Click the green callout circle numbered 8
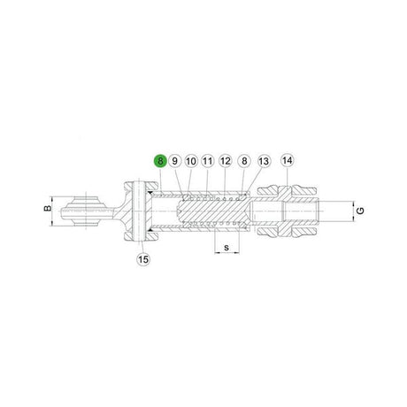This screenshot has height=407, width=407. click(160, 161)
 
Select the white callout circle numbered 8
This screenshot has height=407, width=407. click(244, 161)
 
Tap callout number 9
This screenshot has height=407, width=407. click(175, 161)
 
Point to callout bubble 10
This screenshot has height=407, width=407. click(191, 161)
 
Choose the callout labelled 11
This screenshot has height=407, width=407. click(208, 161)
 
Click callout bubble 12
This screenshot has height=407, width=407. click(226, 161)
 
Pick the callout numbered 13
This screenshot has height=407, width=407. click(264, 161)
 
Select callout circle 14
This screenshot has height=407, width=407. click(288, 160)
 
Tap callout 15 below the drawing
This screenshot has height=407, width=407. click(143, 259)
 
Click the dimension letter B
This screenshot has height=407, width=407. click(47, 208)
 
